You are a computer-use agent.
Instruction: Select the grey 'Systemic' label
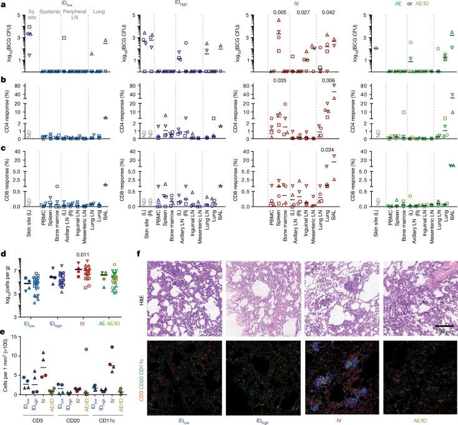tap(50, 12)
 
